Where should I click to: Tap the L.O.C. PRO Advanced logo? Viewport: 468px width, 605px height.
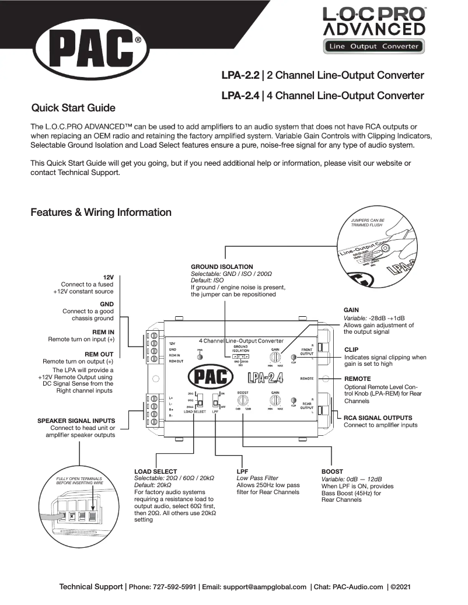tap(373, 29)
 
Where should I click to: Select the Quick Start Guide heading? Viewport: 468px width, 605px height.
tap(73, 108)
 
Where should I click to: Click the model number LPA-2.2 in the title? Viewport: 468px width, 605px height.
tap(240, 76)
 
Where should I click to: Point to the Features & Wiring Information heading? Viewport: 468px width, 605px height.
tap(101, 212)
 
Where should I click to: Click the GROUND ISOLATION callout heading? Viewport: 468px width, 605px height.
tap(222, 267)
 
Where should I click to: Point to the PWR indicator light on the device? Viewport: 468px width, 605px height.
tap(200, 356)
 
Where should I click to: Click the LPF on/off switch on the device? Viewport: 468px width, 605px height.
tap(215, 401)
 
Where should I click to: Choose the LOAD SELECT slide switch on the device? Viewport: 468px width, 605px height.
tap(198, 401)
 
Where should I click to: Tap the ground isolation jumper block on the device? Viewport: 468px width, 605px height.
tap(240, 356)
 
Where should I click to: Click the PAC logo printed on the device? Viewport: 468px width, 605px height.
tap(211, 377)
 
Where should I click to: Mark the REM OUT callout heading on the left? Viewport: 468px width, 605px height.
tap(99, 354)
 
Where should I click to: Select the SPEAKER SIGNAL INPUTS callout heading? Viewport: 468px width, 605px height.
tap(76, 420)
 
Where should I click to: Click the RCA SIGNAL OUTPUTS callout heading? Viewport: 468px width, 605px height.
tap(378, 418)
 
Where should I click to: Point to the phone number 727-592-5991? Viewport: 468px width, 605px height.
tap(174, 587)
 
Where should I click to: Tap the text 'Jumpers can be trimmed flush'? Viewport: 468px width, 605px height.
tap(368, 223)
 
